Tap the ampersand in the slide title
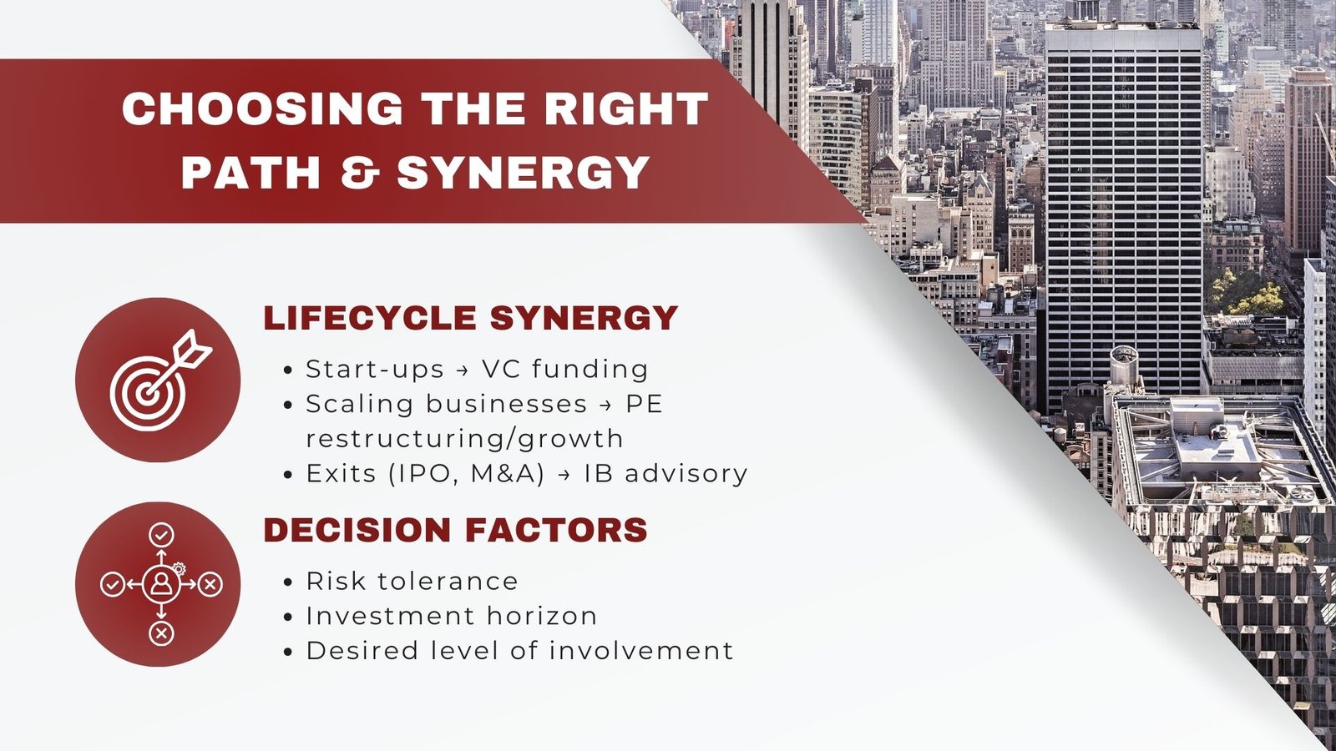click(x=361, y=172)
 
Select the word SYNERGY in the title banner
click(x=523, y=172)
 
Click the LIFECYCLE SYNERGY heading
click(x=471, y=317)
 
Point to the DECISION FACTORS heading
click(x=456, y=529)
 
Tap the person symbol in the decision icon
click(x=161, y=583)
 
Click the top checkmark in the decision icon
click(x=161, y=535)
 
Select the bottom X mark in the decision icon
click(x=161, y=633)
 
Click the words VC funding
click(x=564, y=369)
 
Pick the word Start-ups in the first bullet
click(x=375, y=370)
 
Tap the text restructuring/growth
click(x=464, y=439)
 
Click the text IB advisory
click(x=665, y=474)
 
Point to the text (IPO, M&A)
click(x=467, y=474)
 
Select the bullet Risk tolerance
click(x=412, y=581)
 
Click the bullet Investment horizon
click(x=452, y=616)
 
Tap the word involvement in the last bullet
click(x=641, y=650)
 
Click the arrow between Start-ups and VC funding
click(x=463, y=370)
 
